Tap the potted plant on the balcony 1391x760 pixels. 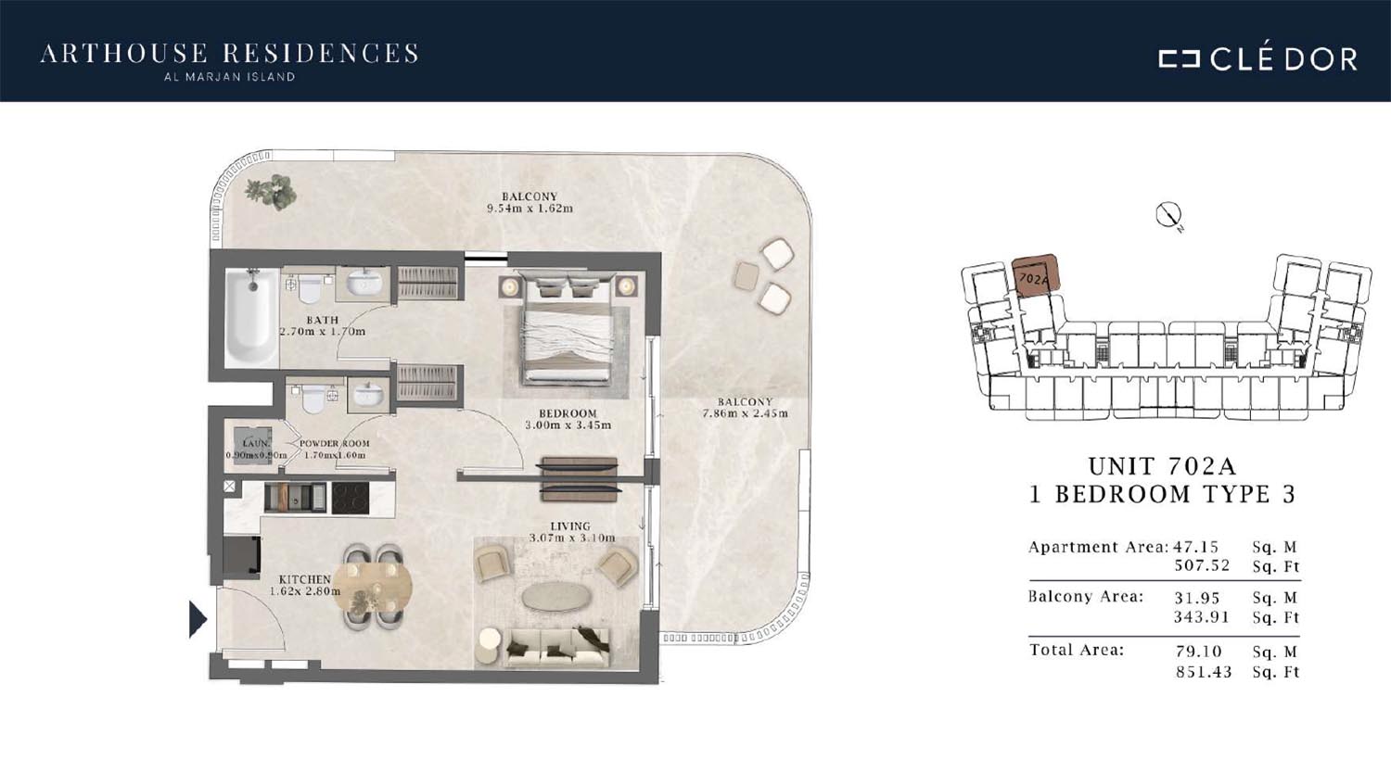[x=271, y=191]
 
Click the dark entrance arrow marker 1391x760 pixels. [x=198, y=618]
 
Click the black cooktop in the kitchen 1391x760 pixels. [x=351, y=499]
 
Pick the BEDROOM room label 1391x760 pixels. [x=568, y=413]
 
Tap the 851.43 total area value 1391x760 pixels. [x=1203, y=672]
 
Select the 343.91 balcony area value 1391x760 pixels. [x=1202, y=617]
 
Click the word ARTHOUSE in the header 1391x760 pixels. [x=124, y=54]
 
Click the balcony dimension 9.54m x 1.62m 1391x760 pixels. [x=530, y=209]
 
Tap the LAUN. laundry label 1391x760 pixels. [x=255, y=444]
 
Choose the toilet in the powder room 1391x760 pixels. [x=313, y=398]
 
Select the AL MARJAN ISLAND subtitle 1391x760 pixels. [x=229, y=78]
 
